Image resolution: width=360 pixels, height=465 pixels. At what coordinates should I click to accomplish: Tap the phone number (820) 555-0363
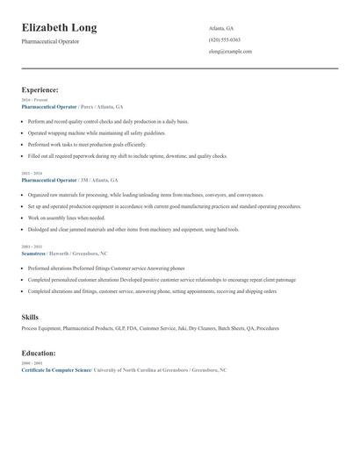[224, 40]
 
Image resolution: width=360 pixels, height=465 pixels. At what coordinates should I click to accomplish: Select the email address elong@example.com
[230, 52]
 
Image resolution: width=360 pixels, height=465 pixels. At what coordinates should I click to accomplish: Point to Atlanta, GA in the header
[221, 28]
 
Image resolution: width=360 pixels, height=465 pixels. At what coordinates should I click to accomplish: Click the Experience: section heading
[40, 89]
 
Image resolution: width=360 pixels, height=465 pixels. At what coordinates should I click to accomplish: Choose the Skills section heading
[30, 317]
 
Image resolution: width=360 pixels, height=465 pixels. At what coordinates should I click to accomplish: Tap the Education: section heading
[39, 353]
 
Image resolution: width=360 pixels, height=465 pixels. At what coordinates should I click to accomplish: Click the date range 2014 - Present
[34, 100]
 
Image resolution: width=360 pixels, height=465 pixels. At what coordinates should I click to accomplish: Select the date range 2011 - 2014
[32, 173]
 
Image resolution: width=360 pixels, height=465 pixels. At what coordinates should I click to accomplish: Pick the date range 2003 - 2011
[32, 247]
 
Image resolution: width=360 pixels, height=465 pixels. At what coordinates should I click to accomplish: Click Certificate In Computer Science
[56, 370]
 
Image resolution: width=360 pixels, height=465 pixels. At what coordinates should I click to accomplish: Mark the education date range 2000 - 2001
[32, 363]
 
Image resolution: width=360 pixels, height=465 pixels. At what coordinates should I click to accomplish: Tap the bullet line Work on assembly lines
[66, 218]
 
